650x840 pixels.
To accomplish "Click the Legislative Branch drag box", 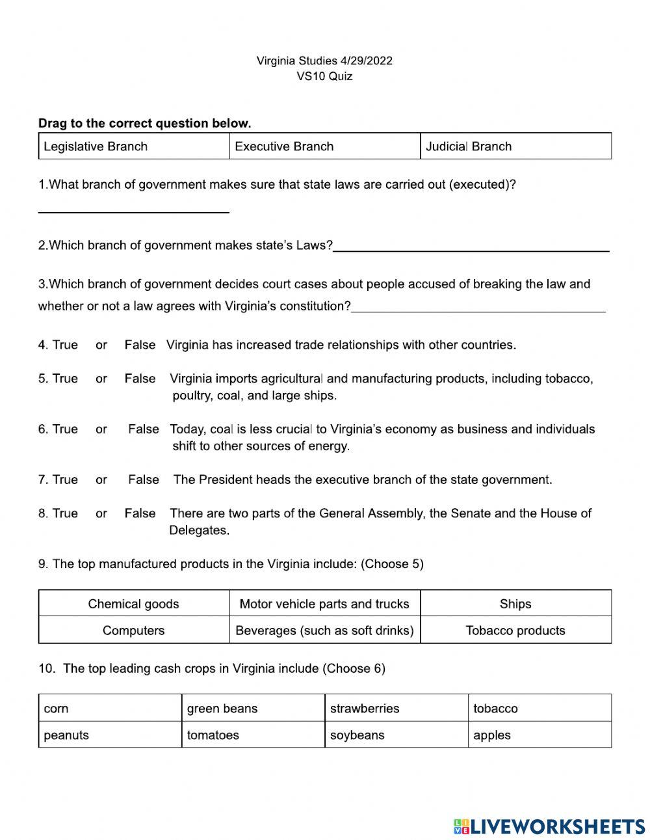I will (x=133, y=146).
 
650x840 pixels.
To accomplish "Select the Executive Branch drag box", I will (x=324, y=146).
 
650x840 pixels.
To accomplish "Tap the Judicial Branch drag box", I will (x=515, y=146).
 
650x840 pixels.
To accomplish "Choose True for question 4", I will (x=65, y=345).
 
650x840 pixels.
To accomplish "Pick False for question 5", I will (x=140, y=379).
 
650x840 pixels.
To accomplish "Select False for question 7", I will (x=143, y=480).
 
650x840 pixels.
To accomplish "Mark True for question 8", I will (x=65, y=513).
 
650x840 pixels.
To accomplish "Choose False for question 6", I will (x=143, y=429).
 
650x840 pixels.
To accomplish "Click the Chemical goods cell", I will (x=133, y=604).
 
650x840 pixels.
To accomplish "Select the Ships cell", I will (x=515, y=604).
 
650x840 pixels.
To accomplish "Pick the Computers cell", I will (x=133, y=630).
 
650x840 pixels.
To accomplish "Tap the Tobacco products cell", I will (x=515, y=630).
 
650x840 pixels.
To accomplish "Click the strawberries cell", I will (x=396, y=709).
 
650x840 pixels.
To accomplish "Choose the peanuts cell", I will (x=110, y=735).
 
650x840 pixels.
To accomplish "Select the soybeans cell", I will (x=396, y=735).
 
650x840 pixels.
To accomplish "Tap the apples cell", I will (x=539, y=735).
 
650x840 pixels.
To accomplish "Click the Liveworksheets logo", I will (x=549, y=826).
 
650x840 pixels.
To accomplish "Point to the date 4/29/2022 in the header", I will (x=366, y=61).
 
